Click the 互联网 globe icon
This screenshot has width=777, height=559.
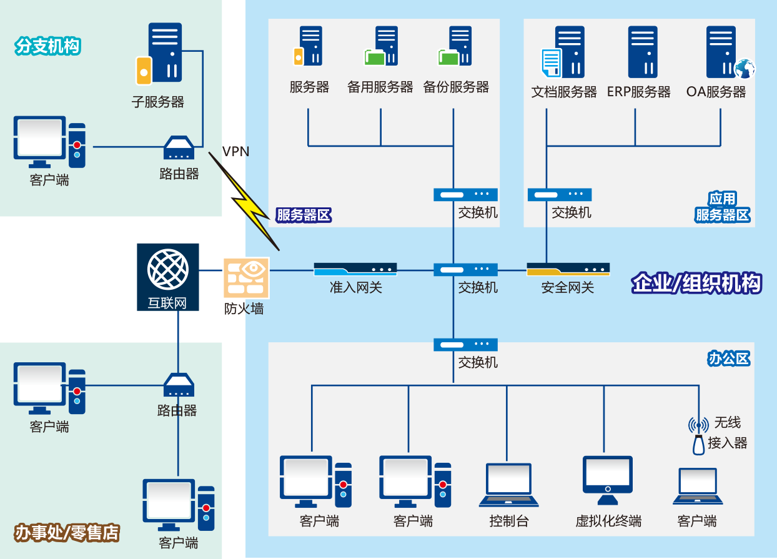pyautogui.click(x=167, y=270)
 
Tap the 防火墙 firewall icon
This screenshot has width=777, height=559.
pyautogui.click(x=245, y=277)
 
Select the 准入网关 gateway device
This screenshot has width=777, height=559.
pyautogui.click(x=355, y=269)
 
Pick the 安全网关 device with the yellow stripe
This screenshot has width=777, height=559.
pyautogui.click(x=568, y=269)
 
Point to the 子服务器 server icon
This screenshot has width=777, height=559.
pyautogui.click(x=160, y=54)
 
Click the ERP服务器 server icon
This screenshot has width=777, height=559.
pyautogui.click(x=643, y=52)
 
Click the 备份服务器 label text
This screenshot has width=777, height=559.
pyautogui.click(x=456, y=87)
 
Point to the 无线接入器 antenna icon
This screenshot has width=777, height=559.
pyautogui.click(x=698, y=435)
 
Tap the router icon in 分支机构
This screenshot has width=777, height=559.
pyautogui.click(x=179, y=148)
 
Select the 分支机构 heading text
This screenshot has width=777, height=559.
pyautogui.click(x=47, y=47)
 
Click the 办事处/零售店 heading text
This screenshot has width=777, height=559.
pyautogui.click(x=67, y=533)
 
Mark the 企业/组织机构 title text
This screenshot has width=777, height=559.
pyautogui.click(x=696, y=284)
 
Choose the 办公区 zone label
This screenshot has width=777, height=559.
pyautogui.click(x=729, y=359)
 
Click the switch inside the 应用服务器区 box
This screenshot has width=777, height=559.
pyautogui.click(x=560, y=195)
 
